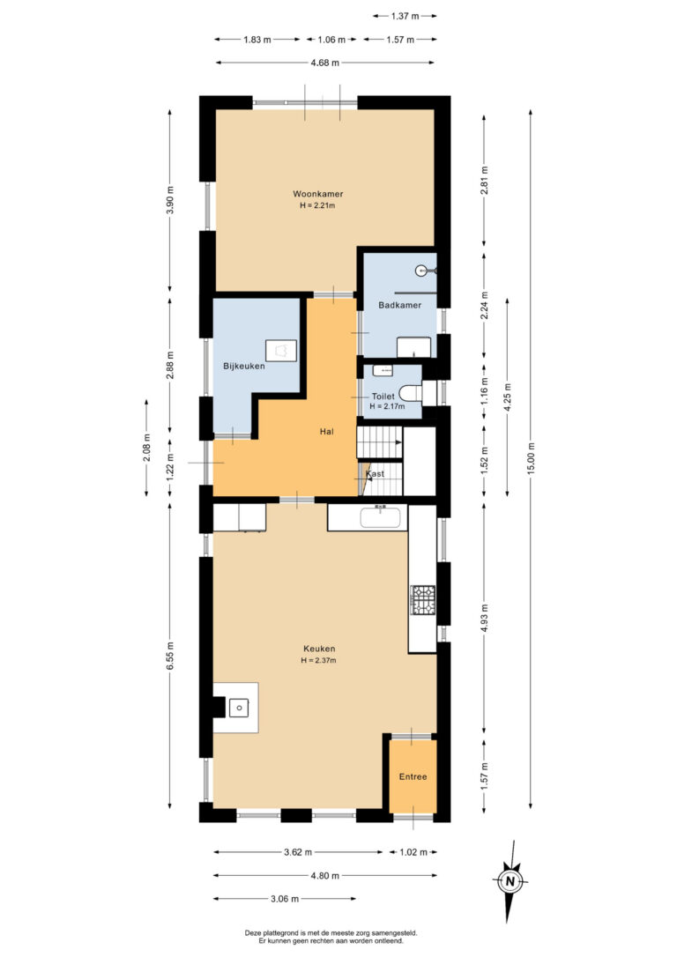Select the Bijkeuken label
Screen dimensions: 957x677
244,366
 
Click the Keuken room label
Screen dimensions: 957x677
318,649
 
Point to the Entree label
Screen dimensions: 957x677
413,776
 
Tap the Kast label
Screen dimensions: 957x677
375,474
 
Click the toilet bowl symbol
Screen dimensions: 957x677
410,392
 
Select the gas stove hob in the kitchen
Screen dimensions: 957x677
423,600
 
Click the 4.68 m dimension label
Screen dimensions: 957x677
324,63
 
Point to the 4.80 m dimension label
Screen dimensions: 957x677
324,876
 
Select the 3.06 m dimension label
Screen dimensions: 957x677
284,899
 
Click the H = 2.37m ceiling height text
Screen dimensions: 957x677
318,660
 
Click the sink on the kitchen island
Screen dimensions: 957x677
238,706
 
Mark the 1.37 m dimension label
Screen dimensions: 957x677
405,16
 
